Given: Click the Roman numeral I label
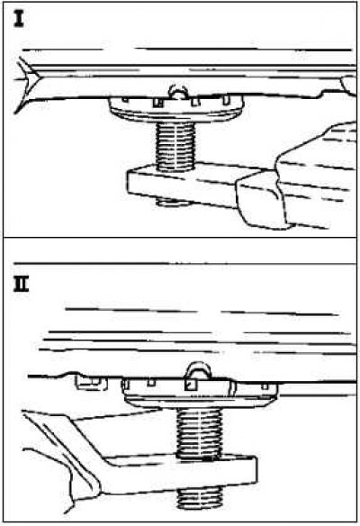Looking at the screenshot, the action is click(x=18, y=18).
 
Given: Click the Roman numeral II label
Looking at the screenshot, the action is click(x=21, y=286).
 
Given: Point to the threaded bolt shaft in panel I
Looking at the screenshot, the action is click(x=175, y=146).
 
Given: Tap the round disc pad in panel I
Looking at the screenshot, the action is click(x=176, y=108).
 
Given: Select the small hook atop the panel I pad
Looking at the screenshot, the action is click(x=177, y=92).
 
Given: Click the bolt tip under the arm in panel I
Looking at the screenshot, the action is click(x=174, y=202).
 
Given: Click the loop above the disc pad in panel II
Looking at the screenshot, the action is click(x=198, y=370).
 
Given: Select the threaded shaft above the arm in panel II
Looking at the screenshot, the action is click(x=199, y=432).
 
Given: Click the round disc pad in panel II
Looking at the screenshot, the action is click(x=201, y=394).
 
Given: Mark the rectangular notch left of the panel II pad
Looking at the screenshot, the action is click(x=91, y=383).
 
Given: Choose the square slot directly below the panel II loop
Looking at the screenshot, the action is click(x=191, y=385).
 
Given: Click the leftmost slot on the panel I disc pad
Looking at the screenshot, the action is click(x=125, y=100).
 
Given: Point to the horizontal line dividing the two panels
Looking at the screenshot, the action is click(x=180, y=238).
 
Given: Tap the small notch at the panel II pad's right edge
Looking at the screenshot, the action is click(x=265, y=386).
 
